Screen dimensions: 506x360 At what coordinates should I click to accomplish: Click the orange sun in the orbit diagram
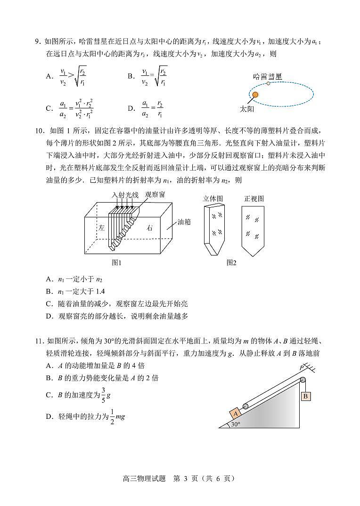(x=255, y=95)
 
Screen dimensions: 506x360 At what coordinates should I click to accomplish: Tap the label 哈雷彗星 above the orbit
(x=267, y=76)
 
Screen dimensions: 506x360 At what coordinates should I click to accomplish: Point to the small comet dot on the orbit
(x=268, y=83)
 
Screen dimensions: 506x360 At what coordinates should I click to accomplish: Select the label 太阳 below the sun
(x=247, y=109)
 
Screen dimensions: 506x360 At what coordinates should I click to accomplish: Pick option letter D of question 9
(x=131, y=108)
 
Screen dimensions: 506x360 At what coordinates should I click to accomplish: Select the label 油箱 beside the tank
(x=184, y=221)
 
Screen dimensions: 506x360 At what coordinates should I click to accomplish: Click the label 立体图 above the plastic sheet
(x=213, y=199)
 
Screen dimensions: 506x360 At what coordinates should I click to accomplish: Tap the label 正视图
(x=254, y=199)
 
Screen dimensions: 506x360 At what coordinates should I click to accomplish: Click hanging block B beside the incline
(x=305, y=396)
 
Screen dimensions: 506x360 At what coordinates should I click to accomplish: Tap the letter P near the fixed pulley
(x=300, y=368)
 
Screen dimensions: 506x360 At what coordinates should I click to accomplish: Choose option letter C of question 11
(x=49, y=395)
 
